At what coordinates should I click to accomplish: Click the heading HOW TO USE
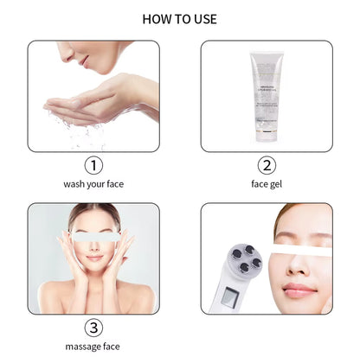coord(179,19)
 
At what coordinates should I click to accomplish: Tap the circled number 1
coord(93,164)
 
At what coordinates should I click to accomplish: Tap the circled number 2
coord(267,164)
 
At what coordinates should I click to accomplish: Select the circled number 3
coord(93,328)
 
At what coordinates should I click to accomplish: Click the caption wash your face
coord(93,184)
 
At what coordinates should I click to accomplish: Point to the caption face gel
coord(267,184)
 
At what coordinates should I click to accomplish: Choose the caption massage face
coord(93,347)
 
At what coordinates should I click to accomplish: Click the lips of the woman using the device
coord(299,289)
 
